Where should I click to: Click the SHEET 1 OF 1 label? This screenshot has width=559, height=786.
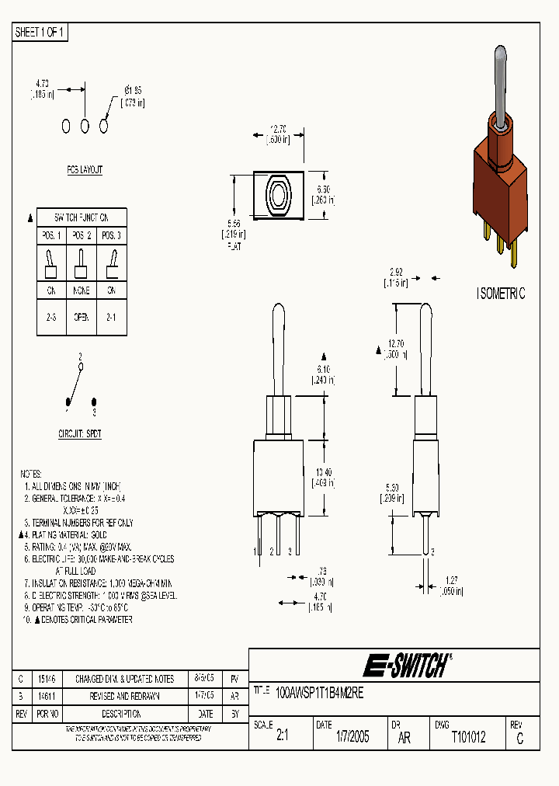[x=40, y=33]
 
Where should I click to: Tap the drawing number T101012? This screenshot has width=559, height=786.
[x=468, y=738]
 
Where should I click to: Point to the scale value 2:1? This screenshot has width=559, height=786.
[x=282, y=739]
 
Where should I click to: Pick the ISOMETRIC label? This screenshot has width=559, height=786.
[x=500, y=294]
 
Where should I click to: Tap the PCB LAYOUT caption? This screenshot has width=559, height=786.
[x=85, y=169]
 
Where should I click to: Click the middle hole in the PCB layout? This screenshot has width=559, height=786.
[x=85, y=125]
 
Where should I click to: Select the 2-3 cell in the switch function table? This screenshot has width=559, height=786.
[x=51, y=318]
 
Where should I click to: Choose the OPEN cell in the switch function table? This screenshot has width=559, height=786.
[x=82, y=318]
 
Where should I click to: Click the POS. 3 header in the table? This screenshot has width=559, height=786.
[x=111, y=235]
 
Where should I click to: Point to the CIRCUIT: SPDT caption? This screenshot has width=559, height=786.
[x=80, y=434]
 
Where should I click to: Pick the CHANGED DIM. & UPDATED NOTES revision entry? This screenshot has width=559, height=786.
[x=125, y=679]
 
